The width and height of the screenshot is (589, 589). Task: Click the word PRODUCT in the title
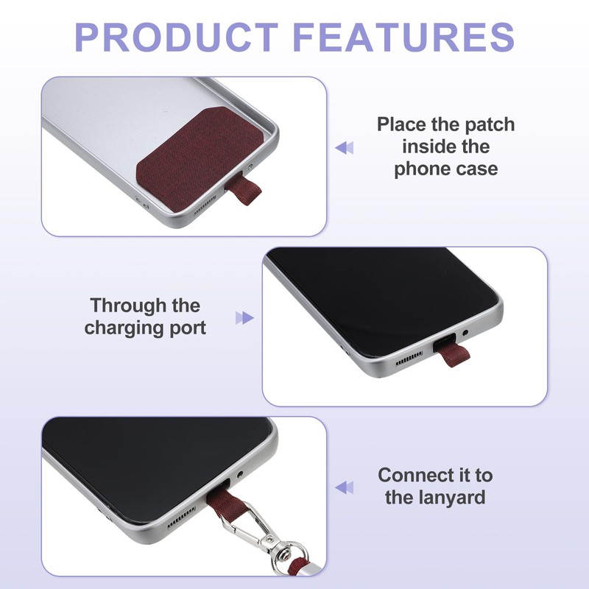pyautogui.click(x=177, y=37)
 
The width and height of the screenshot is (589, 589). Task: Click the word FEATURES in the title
pyautogui.click(x=403, y=37)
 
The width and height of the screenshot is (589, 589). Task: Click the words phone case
pyautogui.click(x=446, y=169)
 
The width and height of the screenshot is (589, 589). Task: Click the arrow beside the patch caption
pyautogui.click(x=345, y=148)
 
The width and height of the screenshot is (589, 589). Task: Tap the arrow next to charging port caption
pyautogui.click(x=244, y=318)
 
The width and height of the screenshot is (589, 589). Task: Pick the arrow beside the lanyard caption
pyautogui.click(x=345, y=488)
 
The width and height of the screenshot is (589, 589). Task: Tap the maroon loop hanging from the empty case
pyautogui.click(x=244, y=191)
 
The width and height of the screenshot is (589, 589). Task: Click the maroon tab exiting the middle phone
pyautogui.click(x=455, y=355)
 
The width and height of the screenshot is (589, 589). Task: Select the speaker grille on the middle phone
pyautogui.click(x=409, y=359)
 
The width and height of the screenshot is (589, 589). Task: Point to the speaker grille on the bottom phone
pyautogui.click(x=181, y=518)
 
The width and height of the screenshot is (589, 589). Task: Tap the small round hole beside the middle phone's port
pyautogui.click(x=466, y=333)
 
